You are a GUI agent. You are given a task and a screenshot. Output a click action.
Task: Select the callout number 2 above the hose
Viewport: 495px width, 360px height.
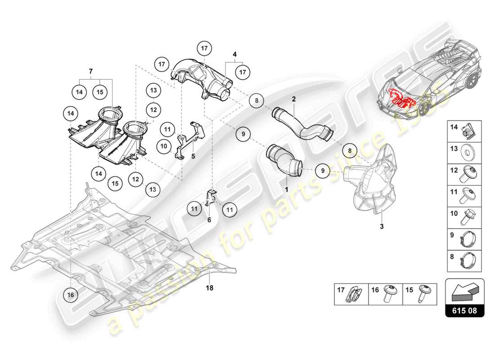coord(293,98)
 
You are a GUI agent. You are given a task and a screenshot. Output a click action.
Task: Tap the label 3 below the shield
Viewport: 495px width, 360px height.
coord(382,226)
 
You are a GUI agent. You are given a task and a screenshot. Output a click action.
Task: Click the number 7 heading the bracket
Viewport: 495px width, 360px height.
coord(90,72)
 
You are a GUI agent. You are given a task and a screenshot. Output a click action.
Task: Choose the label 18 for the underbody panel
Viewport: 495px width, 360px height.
coord(209,287)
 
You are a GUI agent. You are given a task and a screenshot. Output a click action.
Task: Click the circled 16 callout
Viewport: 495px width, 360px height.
coord(71,294)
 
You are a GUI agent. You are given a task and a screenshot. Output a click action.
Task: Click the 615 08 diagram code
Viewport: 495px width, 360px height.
coord(465,310)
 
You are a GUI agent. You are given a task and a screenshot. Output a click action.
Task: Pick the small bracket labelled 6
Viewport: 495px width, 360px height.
coord(211,198)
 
